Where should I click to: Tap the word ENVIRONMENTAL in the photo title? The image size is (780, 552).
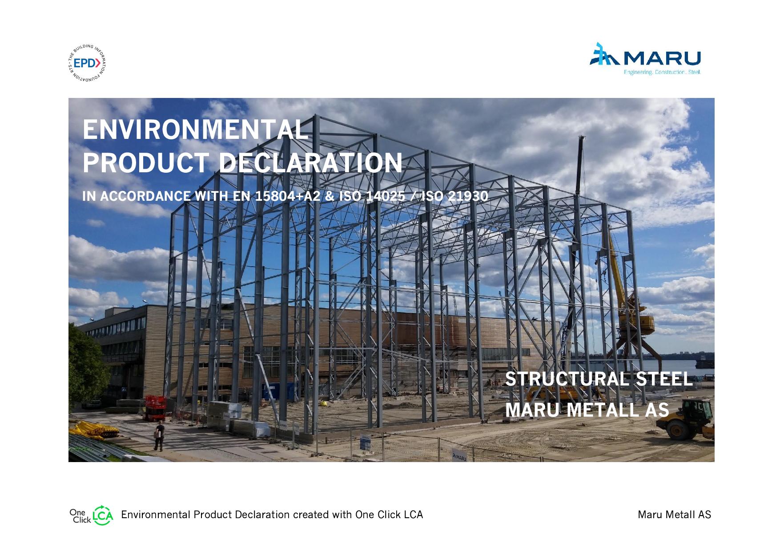pos(195,130)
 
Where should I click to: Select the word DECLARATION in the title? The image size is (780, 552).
pos(311,162)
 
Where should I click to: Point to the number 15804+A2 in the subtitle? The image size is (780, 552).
pos(287,196)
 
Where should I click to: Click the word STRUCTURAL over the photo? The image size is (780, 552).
pos(567,379)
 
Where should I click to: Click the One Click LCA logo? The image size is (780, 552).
pos(91,515)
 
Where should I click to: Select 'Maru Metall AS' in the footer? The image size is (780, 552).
pos(674,515)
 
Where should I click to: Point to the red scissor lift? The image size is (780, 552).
pos(154,407)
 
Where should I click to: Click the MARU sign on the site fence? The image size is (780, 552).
pos(459,456)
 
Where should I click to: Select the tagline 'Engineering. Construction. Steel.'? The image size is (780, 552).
pos(662,72)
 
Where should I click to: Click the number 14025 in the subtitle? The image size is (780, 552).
pos(385,196)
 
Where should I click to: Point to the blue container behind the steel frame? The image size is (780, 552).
pos(276,391)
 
